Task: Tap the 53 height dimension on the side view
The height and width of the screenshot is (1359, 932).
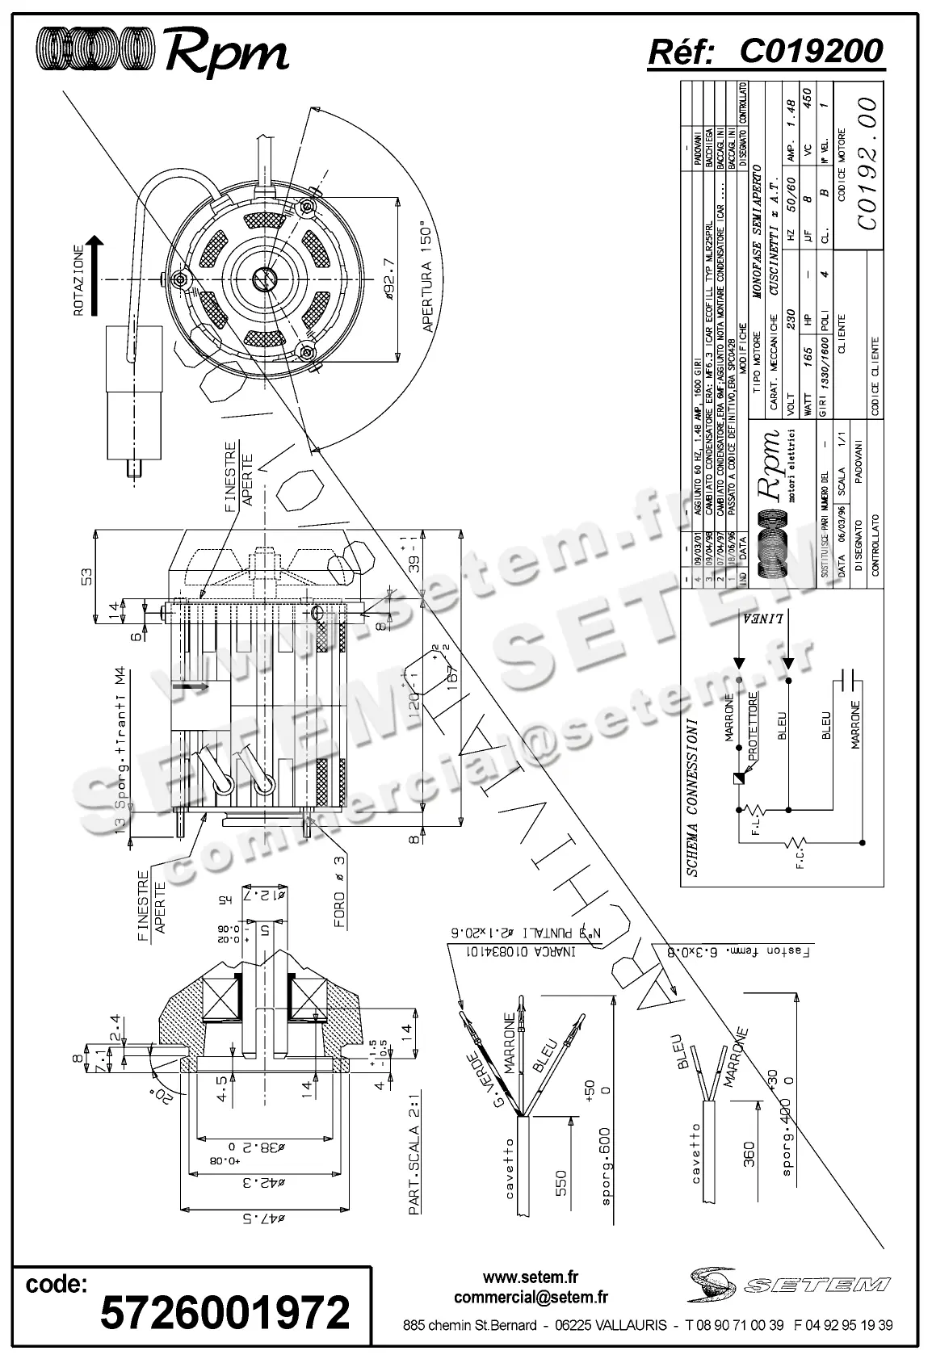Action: point(86,576)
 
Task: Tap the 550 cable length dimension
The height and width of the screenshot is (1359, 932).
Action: point(562,1183)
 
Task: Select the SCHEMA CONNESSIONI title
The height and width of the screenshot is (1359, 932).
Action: point(693,796)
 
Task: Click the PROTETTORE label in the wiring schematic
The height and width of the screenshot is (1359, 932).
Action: point(753,724)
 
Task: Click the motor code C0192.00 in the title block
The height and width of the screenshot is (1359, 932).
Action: point(867,164)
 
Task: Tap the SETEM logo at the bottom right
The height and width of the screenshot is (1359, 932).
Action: point(788,1283)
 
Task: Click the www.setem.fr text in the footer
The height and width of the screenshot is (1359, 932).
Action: point(531,1277)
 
